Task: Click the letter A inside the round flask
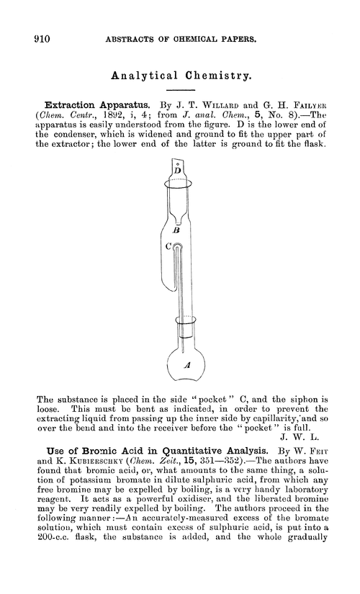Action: coord(186,366)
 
